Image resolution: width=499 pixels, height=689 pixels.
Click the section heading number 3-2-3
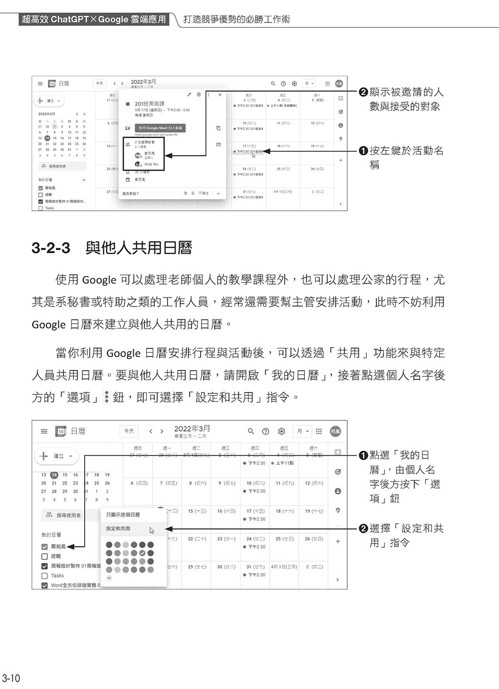50,248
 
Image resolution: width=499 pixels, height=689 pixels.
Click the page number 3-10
10,678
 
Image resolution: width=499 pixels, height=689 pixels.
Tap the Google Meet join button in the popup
160,128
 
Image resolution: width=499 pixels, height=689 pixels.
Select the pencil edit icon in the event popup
189,94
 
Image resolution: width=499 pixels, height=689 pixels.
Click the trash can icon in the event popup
199,94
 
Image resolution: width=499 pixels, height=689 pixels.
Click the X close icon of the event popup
220,94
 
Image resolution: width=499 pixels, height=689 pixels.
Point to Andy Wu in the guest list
151,164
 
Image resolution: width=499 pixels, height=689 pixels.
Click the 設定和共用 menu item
118,528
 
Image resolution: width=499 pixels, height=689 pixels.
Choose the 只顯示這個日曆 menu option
123,514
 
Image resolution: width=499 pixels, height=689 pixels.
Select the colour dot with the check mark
142,553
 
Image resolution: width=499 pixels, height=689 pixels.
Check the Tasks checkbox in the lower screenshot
44,576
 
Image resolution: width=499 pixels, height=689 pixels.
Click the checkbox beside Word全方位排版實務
44,585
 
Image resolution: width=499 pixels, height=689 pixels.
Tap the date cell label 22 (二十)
197,539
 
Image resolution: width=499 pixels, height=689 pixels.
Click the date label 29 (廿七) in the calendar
197,567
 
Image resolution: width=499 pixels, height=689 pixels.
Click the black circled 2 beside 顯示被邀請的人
363,92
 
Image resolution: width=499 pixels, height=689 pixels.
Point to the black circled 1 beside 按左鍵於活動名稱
363,150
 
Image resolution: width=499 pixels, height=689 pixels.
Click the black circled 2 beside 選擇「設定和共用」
363,529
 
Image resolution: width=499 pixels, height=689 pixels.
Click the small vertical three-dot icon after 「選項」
106,397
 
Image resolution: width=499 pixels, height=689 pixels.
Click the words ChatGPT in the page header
69,19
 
